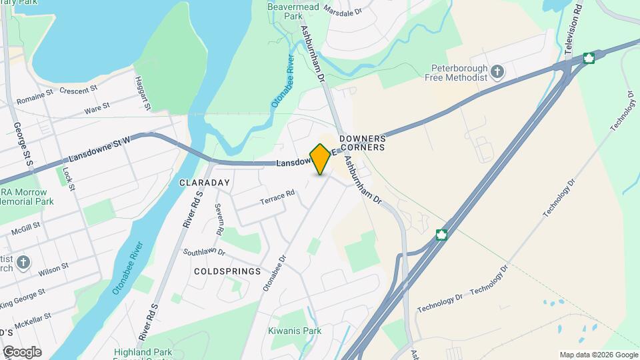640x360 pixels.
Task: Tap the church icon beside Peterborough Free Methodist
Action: click(x=497, y=71)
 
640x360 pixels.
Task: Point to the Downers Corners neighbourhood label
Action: click(x=363, y=143)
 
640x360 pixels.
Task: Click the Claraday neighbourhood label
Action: click(x=204, y=182)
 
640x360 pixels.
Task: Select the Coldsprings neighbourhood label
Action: click(x=227, y=271)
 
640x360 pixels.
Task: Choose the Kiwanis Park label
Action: click(x=295, y=331)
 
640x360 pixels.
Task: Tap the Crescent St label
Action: click(x=79, y=89)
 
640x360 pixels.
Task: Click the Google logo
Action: click(x=21, y=351)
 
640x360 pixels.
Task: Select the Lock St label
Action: click(x=67, y=177)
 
